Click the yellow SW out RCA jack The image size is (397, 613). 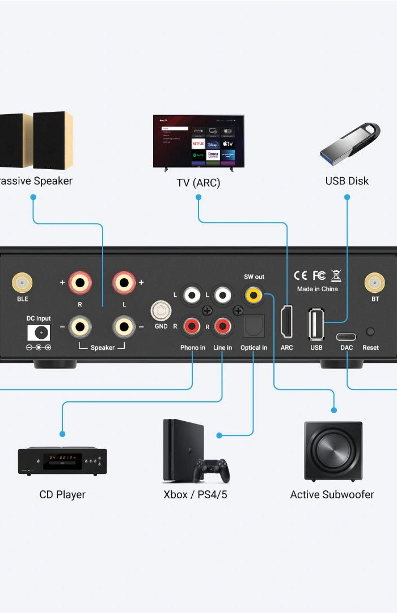pyautogui.click(x=253, y=295)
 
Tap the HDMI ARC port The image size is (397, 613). pyautogui.click(x=287, y=322)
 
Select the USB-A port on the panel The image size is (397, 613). pyautogui.click(x=316, y=325)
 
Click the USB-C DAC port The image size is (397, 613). pyautogui.click(x=346, y=335)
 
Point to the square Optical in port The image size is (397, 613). pyautogui.click(x=251, y=326)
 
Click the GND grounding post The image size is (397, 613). pyautogui.click(x=161, y=311)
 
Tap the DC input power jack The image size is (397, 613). pyautogui.click(x=39, y=332)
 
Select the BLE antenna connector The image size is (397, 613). pyautogui.click(x=22, y=282)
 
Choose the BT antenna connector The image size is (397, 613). pyautogui.click(x=374, y=282)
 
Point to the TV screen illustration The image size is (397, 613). pyautogui.click(x=198, y=141)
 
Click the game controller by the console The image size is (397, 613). pyautogui.click(x=212, y=469)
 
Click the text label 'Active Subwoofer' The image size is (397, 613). pyautogui.click(x=332, y=494)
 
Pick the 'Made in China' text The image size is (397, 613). pyautogui.click(x=317, y=289)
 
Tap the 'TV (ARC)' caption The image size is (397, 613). pyautogui.click(x=198, y=183)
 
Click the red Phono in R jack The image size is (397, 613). pyautogui.click(x=192, y=326)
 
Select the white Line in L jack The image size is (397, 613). pyautogui.click(x=222, y=295)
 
